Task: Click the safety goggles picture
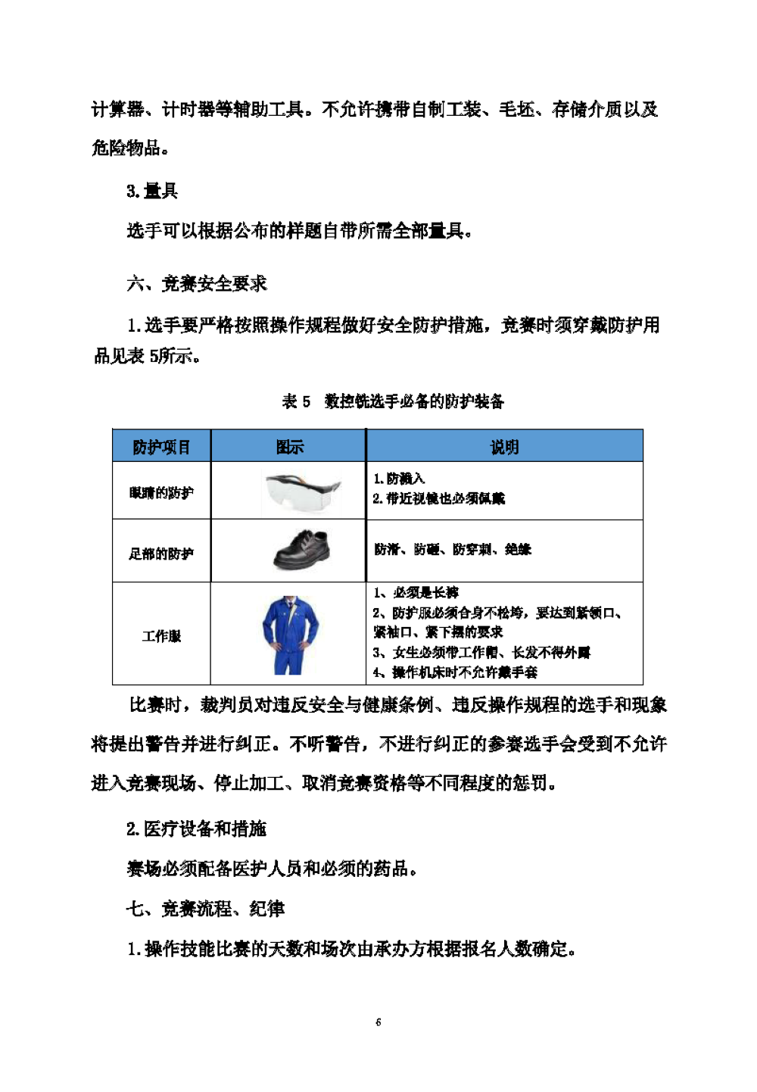coord(303,491)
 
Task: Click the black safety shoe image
coord(302,550)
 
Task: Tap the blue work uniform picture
coord(290,635)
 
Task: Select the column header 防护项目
coord(161,447)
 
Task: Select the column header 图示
coord(289,447)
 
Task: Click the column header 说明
coord(504,447)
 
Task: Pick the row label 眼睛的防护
coord(161,493)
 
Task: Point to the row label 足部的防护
coord(161,554)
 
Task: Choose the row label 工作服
coord(161,636)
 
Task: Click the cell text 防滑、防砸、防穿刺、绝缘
coord(453,549)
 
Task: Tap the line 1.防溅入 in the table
coord(399,479)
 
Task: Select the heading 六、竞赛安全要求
coord(197,284)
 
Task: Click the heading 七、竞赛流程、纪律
coord(205,908)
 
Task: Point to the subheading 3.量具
coord(152,191)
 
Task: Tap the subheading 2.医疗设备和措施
coord(196,828)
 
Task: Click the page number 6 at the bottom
coord(378,1022)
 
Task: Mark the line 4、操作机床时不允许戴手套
coord(455,672)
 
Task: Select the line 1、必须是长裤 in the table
coord(416,592)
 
